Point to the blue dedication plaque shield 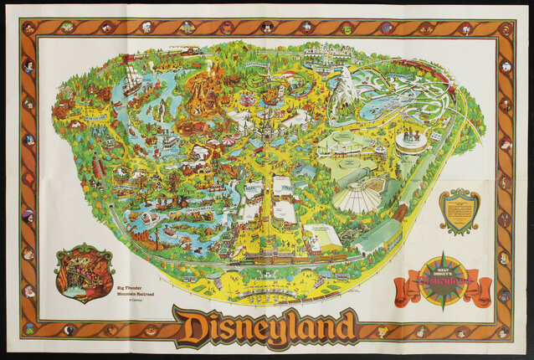point(460,212)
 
